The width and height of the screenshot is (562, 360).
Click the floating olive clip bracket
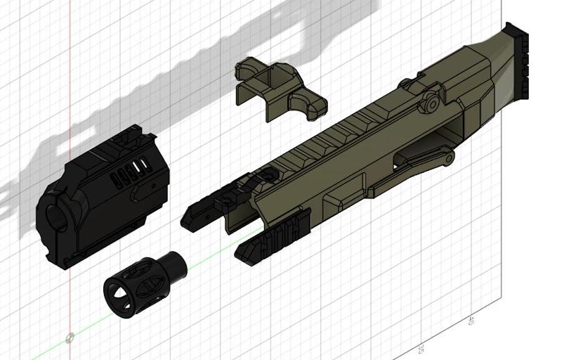[280, 89]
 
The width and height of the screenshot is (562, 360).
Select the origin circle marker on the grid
[70, 338]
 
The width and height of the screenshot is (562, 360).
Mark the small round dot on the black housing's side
[151, 186]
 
